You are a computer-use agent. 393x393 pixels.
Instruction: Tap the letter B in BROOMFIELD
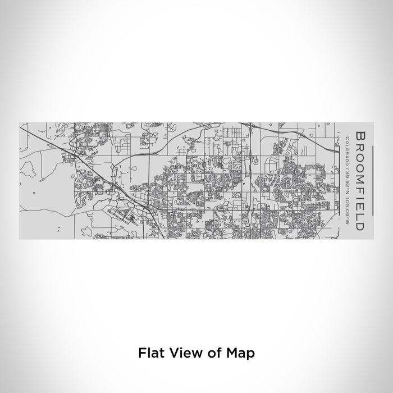pyautogui.click(x=359, y=136)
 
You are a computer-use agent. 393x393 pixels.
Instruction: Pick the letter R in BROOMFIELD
pyautogui.click(x=359, y=145)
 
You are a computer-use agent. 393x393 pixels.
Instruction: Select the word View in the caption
pyautogui.click(x=181, y=353)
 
